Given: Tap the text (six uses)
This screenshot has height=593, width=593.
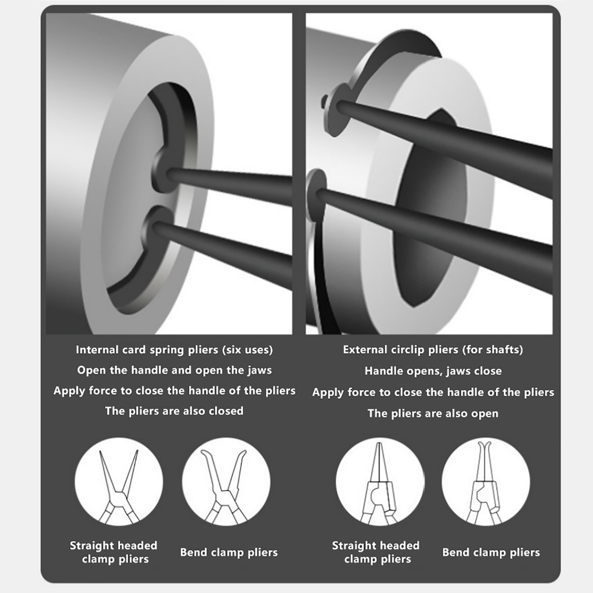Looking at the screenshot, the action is (x=247, y=350).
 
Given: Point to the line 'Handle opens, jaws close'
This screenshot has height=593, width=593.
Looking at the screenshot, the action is (x=433, y=371).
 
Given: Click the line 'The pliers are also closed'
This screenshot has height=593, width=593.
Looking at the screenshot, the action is (x=174, y=411).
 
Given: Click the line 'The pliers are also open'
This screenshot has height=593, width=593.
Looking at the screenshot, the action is (x=433, y=414).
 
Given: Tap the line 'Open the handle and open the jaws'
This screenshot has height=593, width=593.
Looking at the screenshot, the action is (x=174, y=370).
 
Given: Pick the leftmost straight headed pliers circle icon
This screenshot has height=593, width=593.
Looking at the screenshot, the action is (x=119, y=481).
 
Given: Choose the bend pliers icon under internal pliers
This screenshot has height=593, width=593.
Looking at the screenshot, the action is (x=226, y=481).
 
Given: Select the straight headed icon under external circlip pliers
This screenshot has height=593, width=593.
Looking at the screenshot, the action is (x=380, y=481).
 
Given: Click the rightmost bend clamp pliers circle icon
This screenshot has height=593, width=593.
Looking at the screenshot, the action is (x=486, y=481).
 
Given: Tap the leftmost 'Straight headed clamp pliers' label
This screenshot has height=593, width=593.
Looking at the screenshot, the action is (x=114, y=552).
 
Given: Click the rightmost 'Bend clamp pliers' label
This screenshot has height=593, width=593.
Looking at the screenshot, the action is (x=491, y=552).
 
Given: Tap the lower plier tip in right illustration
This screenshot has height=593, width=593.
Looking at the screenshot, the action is (x=319, y=195).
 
